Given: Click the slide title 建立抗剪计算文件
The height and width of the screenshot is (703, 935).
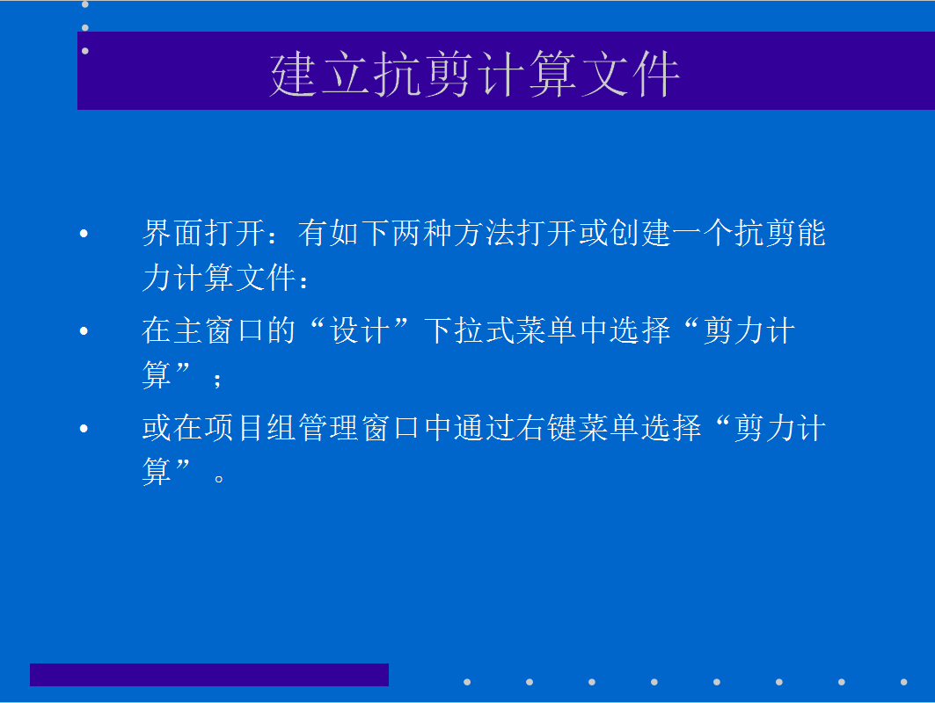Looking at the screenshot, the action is pos(475,74).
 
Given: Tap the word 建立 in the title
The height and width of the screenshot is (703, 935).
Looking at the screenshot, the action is pos(320,74).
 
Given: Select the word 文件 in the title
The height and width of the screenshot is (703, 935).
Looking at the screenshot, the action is pos(631,74).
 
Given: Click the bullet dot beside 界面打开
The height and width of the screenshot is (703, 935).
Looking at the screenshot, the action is pos(84,234).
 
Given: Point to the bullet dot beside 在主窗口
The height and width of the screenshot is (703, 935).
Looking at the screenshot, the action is pos(84,330).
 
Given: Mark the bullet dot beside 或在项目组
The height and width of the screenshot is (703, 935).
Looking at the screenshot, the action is pos(84,428).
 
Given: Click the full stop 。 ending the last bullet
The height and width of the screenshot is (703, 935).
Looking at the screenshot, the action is pos(219,478).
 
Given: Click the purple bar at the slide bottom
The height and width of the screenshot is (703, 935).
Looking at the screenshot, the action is pos(209,674).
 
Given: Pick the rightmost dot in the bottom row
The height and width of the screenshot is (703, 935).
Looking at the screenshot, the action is pos(904,682).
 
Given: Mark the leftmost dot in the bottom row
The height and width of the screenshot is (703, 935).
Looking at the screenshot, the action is pos(467,682).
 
